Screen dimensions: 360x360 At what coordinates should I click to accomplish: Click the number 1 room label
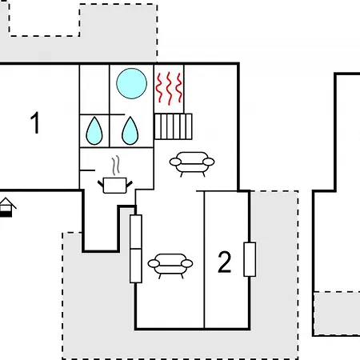tap(35, 122)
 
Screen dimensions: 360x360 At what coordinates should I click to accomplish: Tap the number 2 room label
tap(225, 262)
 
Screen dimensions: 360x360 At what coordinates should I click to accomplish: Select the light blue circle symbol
tap(132, 83)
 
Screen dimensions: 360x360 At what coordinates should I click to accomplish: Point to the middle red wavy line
tap(169, 88)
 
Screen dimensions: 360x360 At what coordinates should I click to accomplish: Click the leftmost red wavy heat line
tap(159, 88)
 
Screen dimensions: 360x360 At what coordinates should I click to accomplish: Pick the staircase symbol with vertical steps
tap(174, 126)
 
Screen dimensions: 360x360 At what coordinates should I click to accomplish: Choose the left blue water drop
tap(94, 130)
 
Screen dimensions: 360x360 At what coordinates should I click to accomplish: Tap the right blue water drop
tap(130, 130)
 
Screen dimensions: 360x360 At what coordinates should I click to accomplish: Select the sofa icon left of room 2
tap(170, 266)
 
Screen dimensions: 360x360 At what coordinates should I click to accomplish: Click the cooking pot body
tap(114, 186)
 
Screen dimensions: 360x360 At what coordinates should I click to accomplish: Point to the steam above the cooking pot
tap(115, 166)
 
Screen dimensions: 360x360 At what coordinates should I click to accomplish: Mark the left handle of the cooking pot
tap(101, 184)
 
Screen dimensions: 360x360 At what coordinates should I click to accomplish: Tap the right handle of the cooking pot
tap(129, 184)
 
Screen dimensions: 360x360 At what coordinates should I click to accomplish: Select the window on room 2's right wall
tap(250, 259)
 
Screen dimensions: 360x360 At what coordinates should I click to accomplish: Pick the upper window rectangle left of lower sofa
tap(136, 231)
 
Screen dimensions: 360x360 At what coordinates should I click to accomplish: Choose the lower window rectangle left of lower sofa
tap(136, 266)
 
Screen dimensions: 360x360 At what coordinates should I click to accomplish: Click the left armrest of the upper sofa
tap(175, 162)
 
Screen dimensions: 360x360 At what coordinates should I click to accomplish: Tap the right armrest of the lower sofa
tap(187, 263)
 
